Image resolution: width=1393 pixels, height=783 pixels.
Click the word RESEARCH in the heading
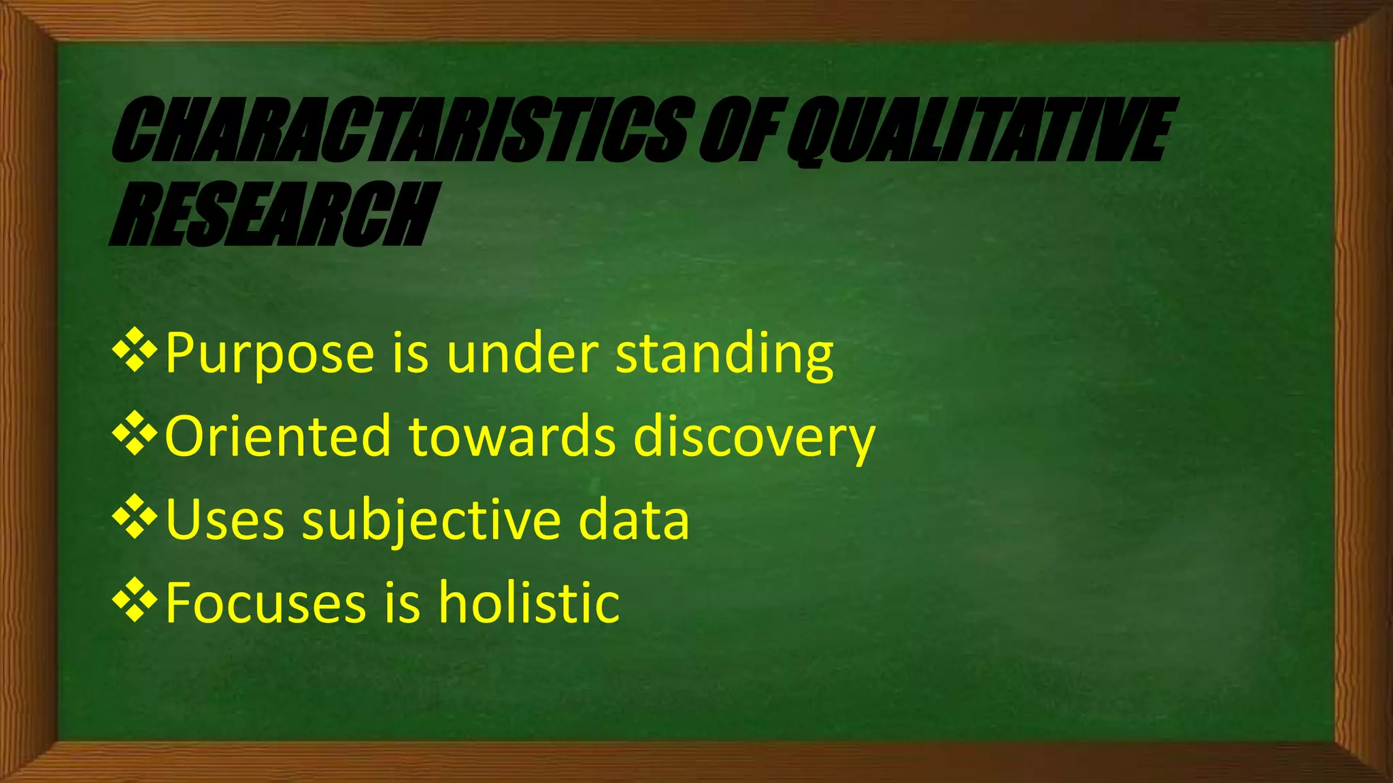272,213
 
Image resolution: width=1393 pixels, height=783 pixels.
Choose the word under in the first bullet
522,353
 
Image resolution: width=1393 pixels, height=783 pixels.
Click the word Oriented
278,436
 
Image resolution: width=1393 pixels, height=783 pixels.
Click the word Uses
225,520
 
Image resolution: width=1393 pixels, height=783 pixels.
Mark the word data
633,520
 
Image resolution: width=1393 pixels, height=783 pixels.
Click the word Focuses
266,604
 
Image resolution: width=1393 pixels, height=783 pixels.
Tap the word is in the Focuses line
403,604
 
